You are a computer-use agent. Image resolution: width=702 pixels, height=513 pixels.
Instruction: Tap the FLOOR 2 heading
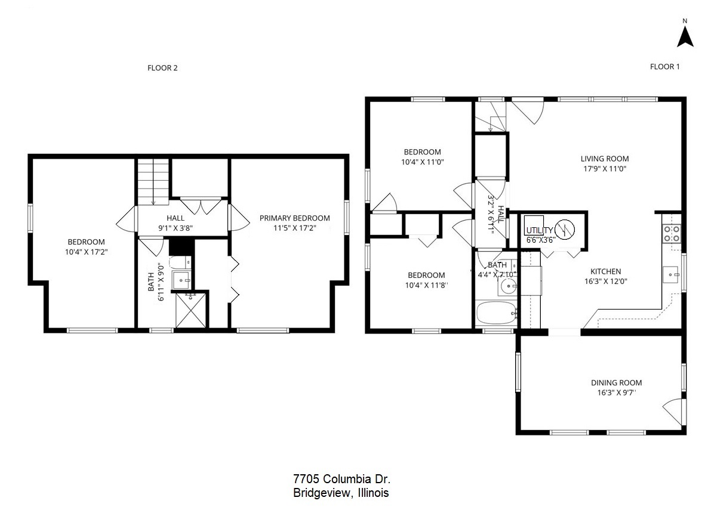point(162,68)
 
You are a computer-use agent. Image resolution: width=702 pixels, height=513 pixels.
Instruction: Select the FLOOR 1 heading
point(664,67)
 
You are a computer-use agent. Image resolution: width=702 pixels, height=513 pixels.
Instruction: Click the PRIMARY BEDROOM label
point(294,218)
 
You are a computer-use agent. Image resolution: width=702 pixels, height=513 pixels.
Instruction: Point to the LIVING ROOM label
point(604,159)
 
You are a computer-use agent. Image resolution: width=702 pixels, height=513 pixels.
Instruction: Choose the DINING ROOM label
point(616,383)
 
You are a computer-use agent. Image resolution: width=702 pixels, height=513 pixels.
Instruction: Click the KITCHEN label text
point(605,271)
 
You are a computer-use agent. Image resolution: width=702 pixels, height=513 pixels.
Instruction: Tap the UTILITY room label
point(540,230)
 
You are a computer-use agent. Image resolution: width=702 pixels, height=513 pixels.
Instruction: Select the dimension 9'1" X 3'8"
point(176,228)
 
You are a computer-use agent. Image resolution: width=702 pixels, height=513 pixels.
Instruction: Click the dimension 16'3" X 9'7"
point(616,393)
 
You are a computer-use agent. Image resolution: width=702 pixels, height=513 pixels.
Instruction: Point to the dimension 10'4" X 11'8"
point(426,285)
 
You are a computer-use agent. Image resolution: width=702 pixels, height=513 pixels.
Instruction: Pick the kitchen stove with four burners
point(672,233)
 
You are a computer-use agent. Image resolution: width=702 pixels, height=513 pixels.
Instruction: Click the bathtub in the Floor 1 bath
point(497,312)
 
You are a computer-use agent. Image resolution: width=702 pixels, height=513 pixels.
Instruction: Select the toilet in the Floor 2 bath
point(180,262)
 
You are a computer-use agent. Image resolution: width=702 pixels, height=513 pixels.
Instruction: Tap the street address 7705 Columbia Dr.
point(341,479)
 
